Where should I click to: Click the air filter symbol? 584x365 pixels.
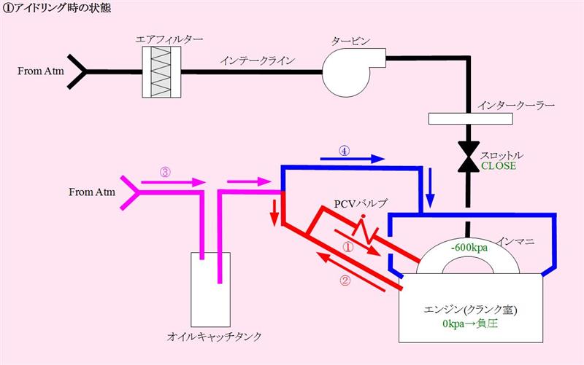pos(161,72)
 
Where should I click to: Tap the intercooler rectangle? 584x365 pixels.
pos(470,119)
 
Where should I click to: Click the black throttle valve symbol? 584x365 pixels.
pos(469,157)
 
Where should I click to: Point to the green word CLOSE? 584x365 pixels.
pos(499,166)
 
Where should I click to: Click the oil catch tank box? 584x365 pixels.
pos(210,289)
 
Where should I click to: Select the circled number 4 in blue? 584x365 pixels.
pos(344,151)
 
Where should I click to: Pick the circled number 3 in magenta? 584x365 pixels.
pos(165,172)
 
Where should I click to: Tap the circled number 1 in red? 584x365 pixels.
pos(347,248)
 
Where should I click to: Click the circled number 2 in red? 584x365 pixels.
pos(345,280)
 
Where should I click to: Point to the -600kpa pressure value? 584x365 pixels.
pos(469,247)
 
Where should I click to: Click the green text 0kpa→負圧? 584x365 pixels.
pos(470,323)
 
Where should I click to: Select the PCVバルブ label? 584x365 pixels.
pos(361,204)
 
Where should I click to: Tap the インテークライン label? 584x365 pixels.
pos(258,60)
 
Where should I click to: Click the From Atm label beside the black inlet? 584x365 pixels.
pos(41,71)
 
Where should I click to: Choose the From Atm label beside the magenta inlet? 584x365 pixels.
pos(92,192)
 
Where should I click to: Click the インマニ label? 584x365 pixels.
pos(516,242)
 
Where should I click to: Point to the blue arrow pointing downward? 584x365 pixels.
pos(431,188)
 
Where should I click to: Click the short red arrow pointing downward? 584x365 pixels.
pos(275,213)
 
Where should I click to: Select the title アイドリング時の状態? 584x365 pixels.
pos(62,8)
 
